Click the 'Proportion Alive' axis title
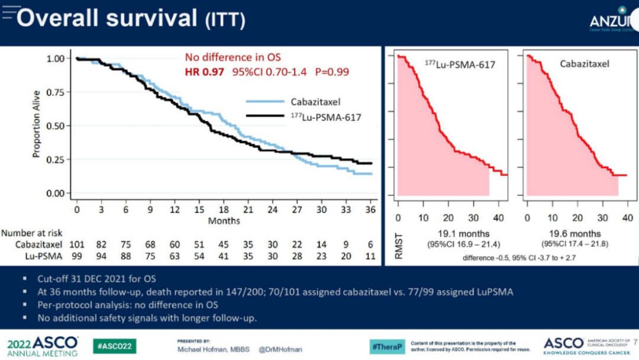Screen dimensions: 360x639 point(37,124)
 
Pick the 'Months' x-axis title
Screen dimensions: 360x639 point(224,221)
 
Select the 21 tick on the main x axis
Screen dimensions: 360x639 point(247,210)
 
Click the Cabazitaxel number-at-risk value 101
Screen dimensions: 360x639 point(77,245)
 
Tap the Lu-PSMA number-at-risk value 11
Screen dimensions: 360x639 point(370,256)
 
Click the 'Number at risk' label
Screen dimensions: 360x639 point(33,233)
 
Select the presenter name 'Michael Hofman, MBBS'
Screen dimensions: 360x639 point(212,350)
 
